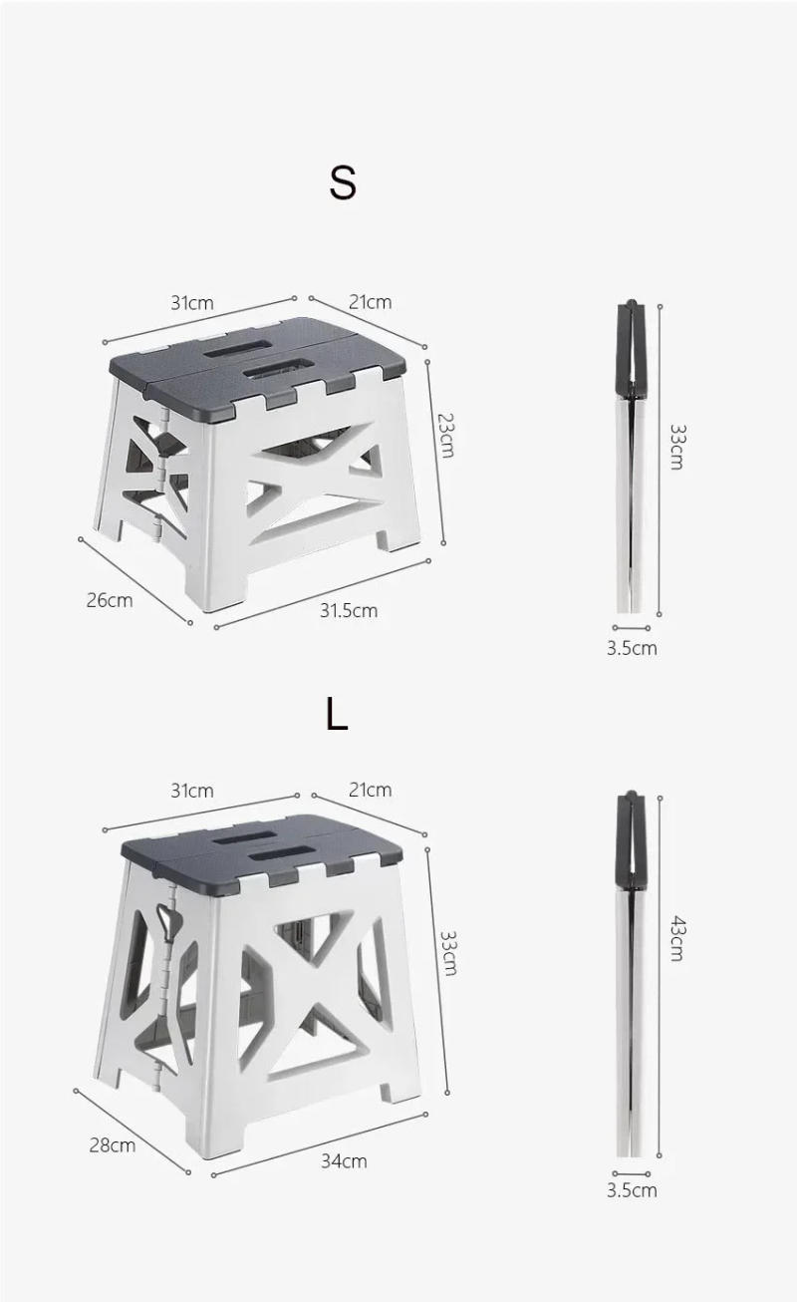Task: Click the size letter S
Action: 342,183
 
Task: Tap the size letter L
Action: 337,714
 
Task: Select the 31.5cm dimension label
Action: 348,610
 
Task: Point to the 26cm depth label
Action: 109,599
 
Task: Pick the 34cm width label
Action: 344,1160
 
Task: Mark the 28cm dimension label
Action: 112,1144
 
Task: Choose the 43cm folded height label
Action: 676,937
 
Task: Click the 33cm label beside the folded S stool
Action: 676,447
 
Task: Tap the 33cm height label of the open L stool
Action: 448,952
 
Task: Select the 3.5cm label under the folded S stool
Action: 632,648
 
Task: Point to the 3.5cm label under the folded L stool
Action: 632,1190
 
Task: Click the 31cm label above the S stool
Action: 191,303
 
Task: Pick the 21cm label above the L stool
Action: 370,790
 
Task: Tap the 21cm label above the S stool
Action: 370,302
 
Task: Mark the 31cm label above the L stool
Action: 191,791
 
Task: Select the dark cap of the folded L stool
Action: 630,837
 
